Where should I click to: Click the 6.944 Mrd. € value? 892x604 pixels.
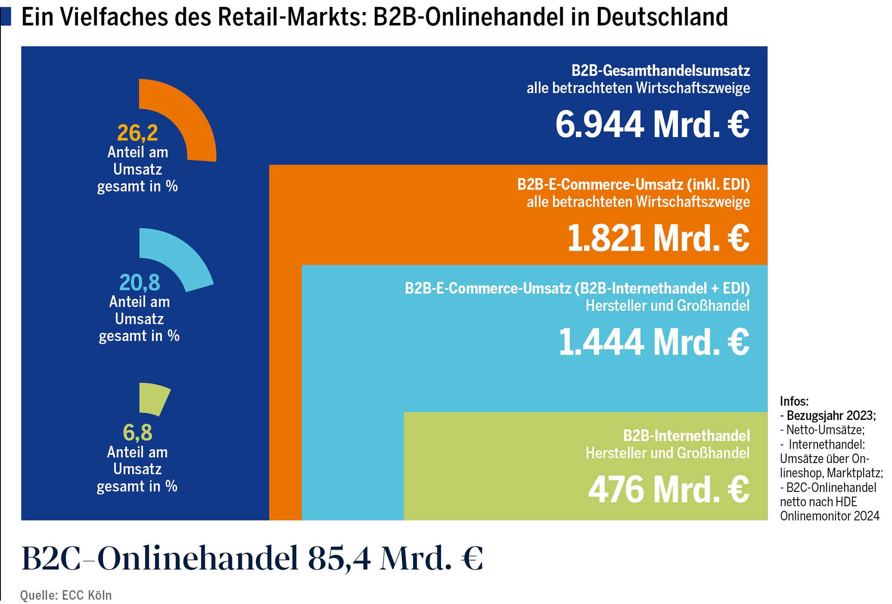(652, 125)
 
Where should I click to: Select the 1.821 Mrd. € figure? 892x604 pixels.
(658, 239)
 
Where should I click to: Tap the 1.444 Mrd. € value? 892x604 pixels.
(654, 342)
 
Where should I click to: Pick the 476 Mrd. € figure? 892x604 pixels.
(669, 490)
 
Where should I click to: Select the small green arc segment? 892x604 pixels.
(155, 398)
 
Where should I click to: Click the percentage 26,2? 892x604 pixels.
(138, 133)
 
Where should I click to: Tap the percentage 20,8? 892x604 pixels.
(139, 283)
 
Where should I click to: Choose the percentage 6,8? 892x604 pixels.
(138, 433)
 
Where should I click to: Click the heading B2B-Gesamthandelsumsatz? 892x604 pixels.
(660, 71)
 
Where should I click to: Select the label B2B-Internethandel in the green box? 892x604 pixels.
(686, 436)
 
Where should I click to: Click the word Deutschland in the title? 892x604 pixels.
(662, 17)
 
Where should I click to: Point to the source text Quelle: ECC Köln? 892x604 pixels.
(66, 595)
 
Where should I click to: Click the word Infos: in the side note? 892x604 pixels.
(794, 401)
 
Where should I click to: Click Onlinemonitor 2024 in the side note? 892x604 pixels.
(829, 516)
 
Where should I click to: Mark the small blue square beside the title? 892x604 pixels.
(6, 17)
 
